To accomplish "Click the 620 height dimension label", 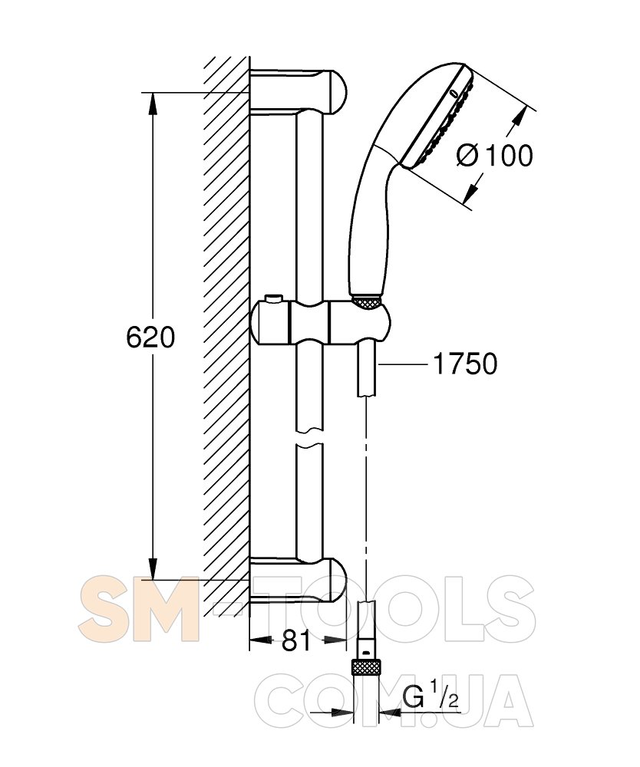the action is (150, 337).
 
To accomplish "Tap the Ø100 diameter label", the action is (494, 156).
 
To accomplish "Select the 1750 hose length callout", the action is (465, 364).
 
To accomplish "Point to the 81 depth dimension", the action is (296, 640).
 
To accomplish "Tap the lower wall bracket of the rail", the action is (298, 580).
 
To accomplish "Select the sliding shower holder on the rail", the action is (321, 322).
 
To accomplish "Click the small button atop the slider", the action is (273, 299).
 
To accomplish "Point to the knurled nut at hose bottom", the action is (366, 667).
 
